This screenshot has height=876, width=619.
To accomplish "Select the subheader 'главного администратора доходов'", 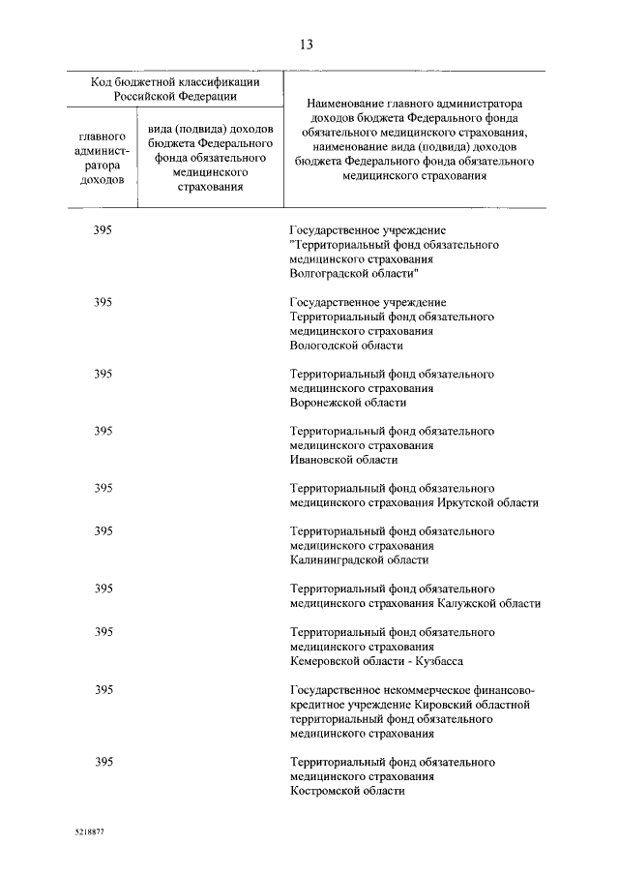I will pyautogui.click(x=101, y=158).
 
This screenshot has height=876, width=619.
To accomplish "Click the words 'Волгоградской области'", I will pyautogui.click(x=348, y=274).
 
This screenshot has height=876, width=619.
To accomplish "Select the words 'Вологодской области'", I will pyautogui.click(x=345, y=345).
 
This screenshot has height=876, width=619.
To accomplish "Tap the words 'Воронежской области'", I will pyautogui.click(x=347, y=403).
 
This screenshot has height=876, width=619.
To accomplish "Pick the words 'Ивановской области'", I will pyautogui.click(x=343, y=460).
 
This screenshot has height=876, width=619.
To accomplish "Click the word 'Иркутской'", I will pyautogui.click(x=464, y=502).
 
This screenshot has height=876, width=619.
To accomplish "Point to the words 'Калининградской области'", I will pyautogui.click(x=359, y=559).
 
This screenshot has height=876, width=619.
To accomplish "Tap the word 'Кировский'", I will pyautogui.click(x=442, y=705).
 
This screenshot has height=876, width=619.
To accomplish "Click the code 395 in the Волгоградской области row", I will pyautogui.click(x=103, y=230).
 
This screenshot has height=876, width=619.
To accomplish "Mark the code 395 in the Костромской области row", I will pyautogui.click(x=103, y=762).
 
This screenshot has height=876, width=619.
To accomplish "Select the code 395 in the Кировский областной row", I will pyautogui.click(x=103, y=690).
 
